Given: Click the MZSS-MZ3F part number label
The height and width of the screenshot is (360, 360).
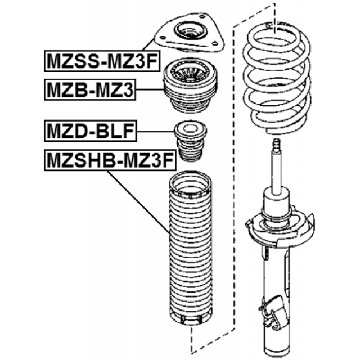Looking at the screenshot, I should coord(98,61).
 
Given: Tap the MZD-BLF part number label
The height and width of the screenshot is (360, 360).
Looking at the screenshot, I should coord(89,133).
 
